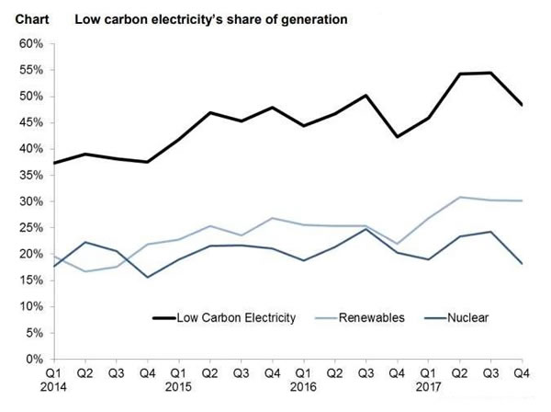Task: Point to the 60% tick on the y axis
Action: pos(32,44)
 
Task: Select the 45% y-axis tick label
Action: pos(32,149)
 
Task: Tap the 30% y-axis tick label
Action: pos(32,201)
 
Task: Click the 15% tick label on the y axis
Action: pos(32,306)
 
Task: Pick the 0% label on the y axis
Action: pos(36,359)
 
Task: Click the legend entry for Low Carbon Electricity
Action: pos(235,318)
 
